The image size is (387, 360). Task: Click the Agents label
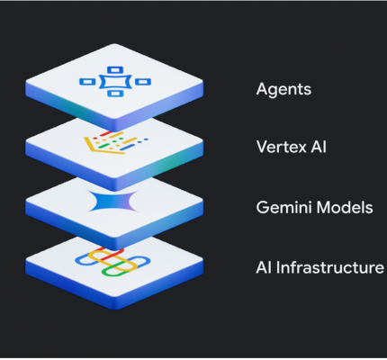(x=283, y=89)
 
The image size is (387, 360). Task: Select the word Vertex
(x=282, y=147)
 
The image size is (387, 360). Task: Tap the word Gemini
(x=283, y=207)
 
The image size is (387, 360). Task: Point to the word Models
(x=345, y=207)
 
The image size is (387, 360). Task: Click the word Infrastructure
(x=330, y=267)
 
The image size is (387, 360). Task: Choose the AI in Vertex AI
(x=319, y=147)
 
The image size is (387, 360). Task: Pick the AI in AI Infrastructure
(x=265, y=267)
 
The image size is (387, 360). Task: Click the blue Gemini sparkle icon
(x=113, y=201)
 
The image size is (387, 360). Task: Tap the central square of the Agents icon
(x=115, y=82)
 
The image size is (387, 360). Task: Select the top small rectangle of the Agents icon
(x=115, y=70)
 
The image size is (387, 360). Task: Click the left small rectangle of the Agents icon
(x=87, y=82)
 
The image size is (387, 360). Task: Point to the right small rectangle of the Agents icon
(x=143, y=82)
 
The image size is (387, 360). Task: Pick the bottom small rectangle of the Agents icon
(x=115, y=94)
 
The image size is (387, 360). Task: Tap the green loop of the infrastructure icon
(x=119, y=269)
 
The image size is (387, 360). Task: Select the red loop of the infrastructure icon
(x=112, y=255)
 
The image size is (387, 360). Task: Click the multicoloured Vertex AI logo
(x=116, y=143)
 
